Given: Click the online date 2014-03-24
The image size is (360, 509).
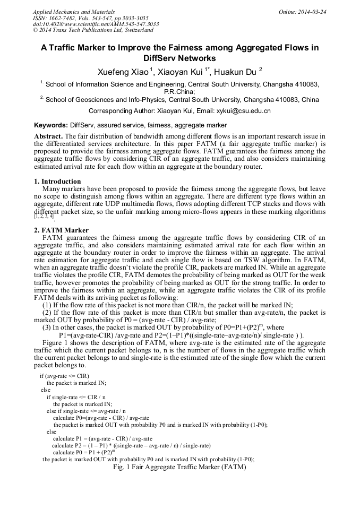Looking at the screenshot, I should click(311, 12).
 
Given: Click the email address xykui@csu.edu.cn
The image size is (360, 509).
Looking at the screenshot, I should click(243, 111).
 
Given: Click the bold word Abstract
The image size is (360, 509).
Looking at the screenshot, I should click(48, 136).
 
